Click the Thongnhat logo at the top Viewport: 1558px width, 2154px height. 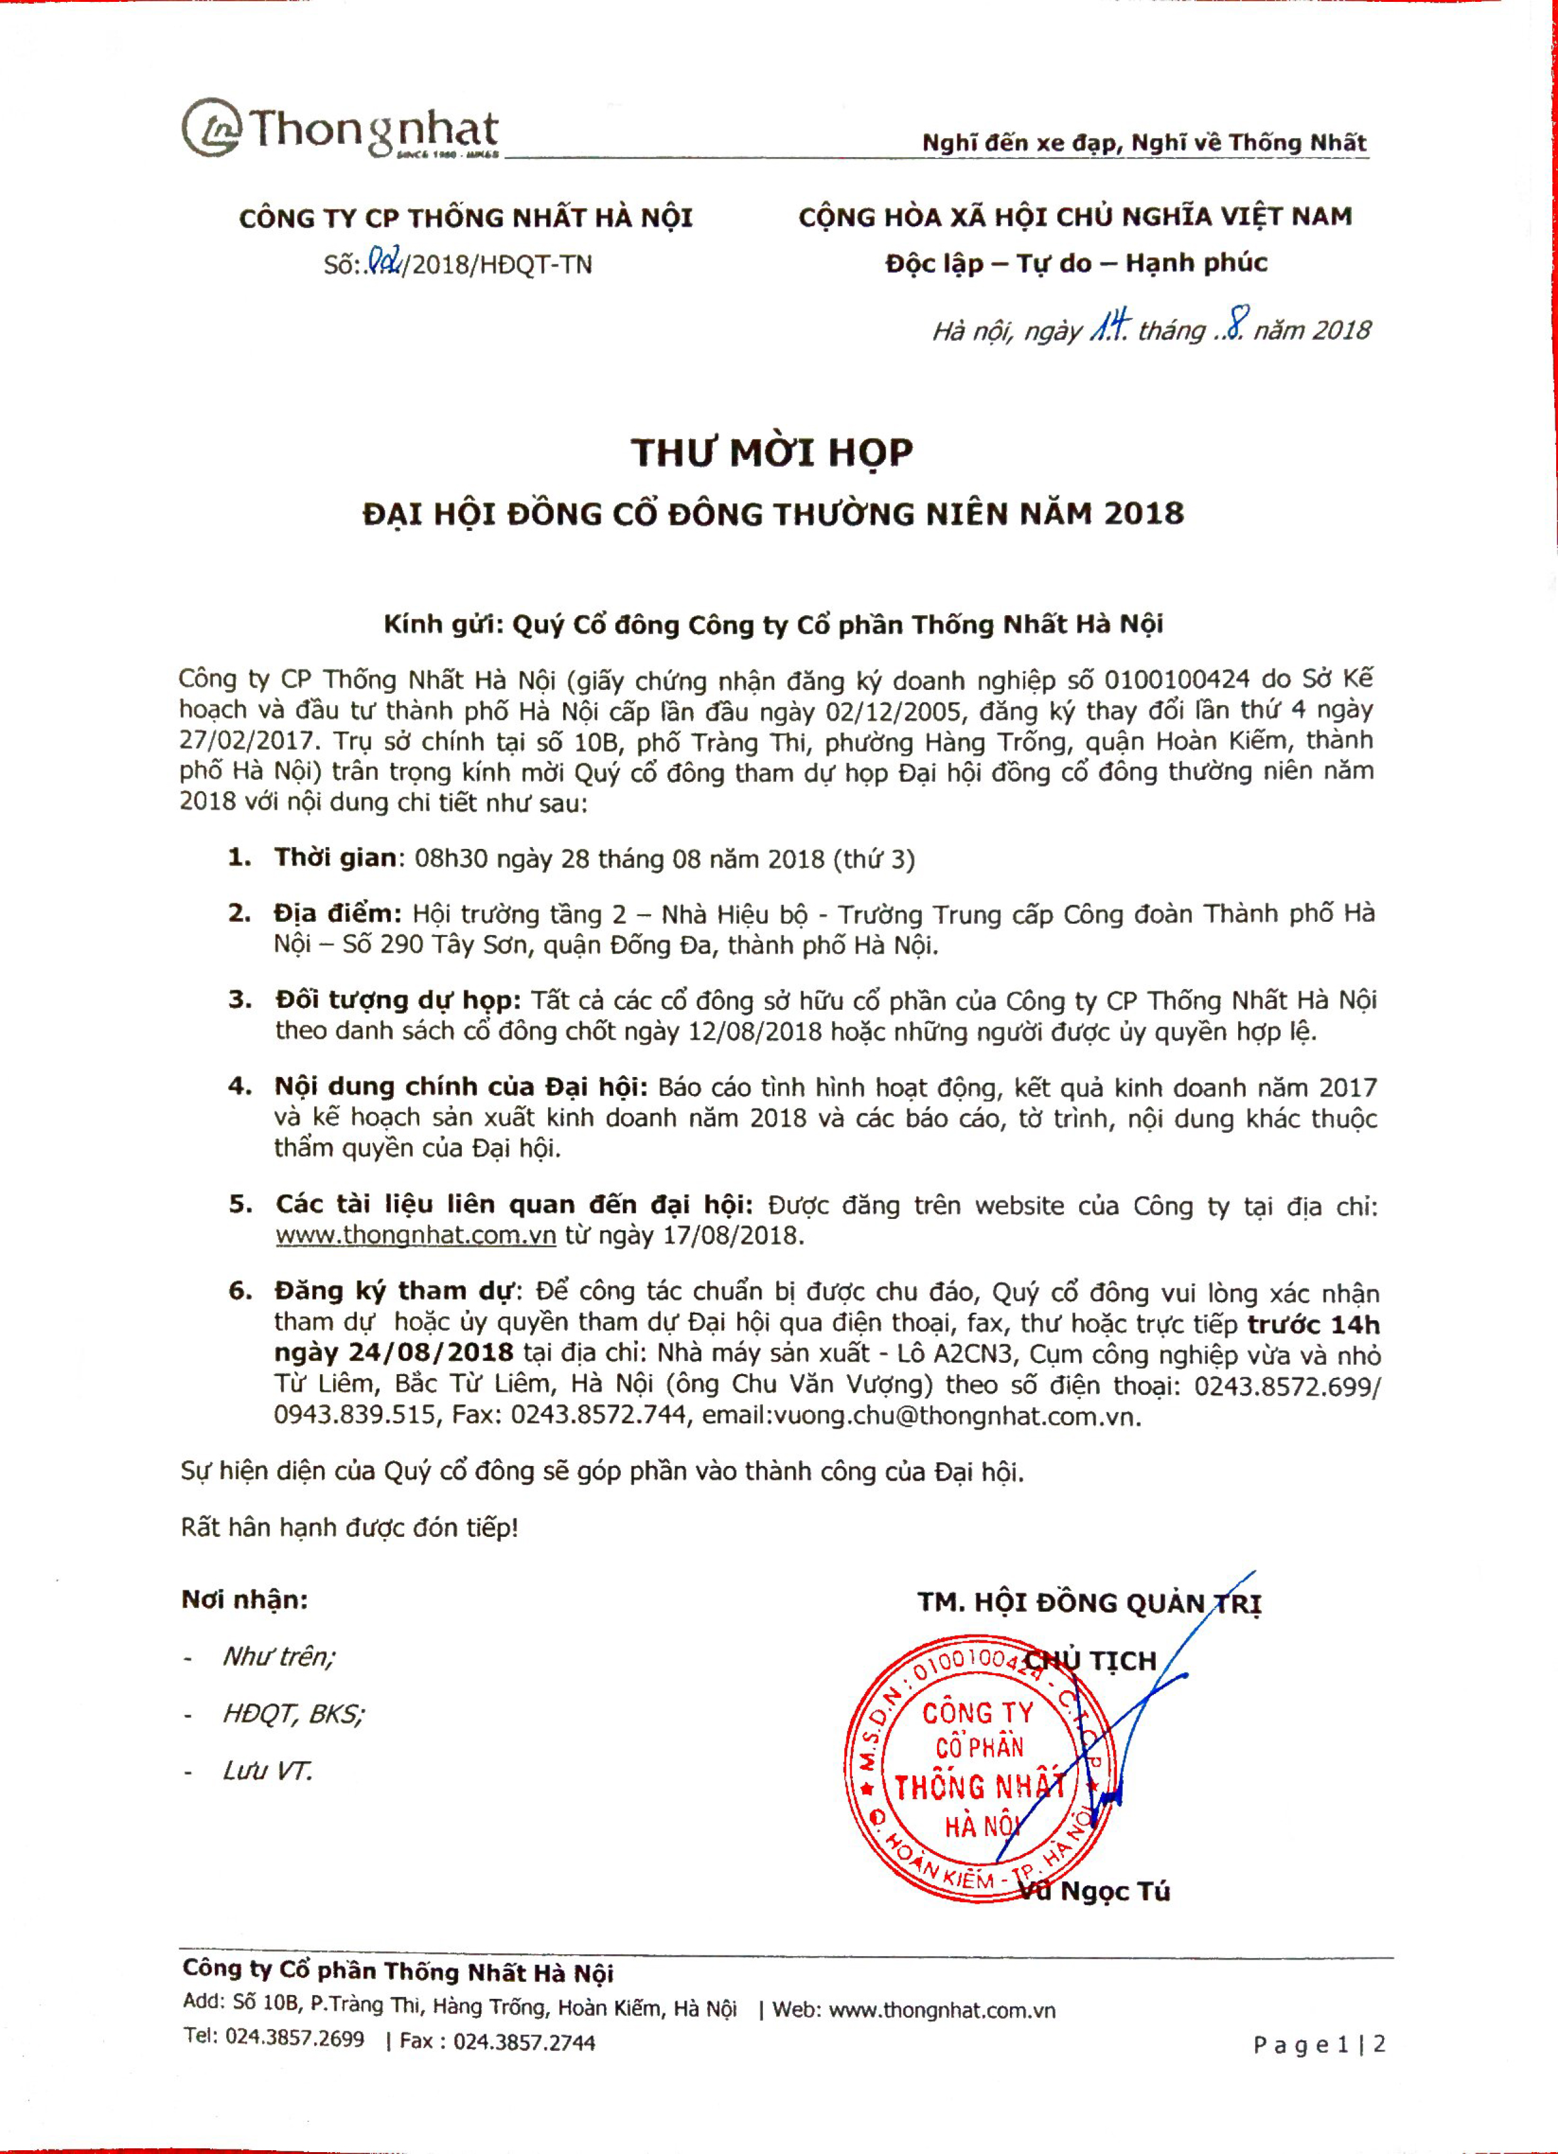pos(340,129)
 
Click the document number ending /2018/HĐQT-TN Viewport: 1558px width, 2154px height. pos(458,264)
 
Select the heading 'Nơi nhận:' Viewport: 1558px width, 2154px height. pos(244,1600)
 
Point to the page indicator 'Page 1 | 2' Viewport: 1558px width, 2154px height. pos(1319,2044)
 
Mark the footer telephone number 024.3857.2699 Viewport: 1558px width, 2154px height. pos(295,2038)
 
